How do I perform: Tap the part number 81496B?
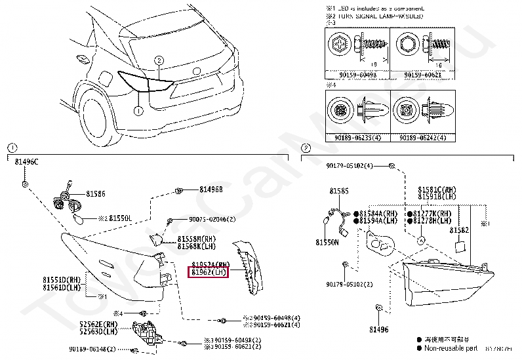click(x=209, y=190)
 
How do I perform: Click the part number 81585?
click(x=339, y=191)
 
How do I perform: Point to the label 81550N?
click(x=326, y=241)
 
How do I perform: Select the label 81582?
click(x=459, y=230)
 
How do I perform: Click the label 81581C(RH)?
click(x=437, y=189)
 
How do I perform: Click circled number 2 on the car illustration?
click(x=159, y=61)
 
